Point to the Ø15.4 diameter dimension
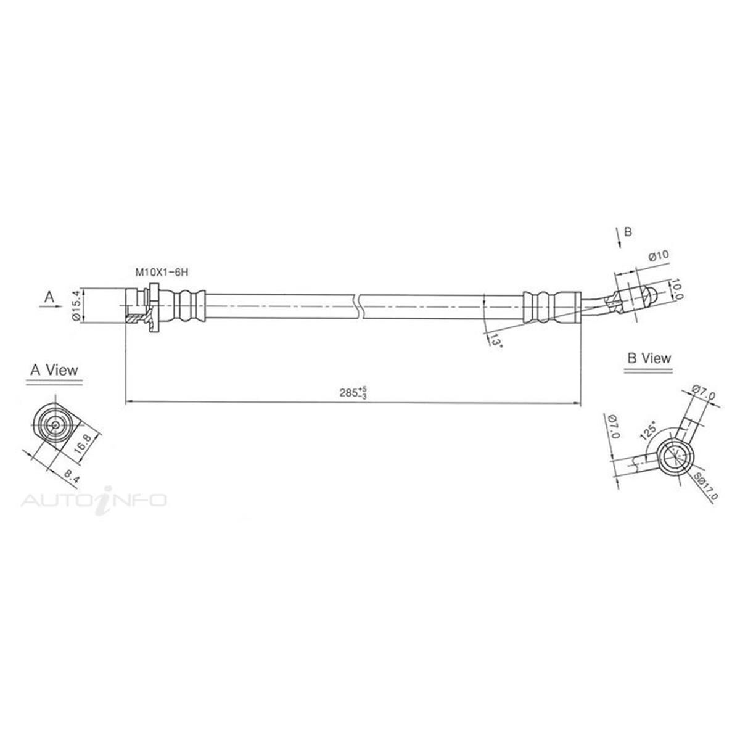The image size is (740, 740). click(76, 305)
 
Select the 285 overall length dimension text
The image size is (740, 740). click(354, 392)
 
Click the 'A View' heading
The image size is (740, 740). click(55, 370)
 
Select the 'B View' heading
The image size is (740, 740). click(649, 358)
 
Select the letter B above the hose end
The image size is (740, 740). click(628, 232)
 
